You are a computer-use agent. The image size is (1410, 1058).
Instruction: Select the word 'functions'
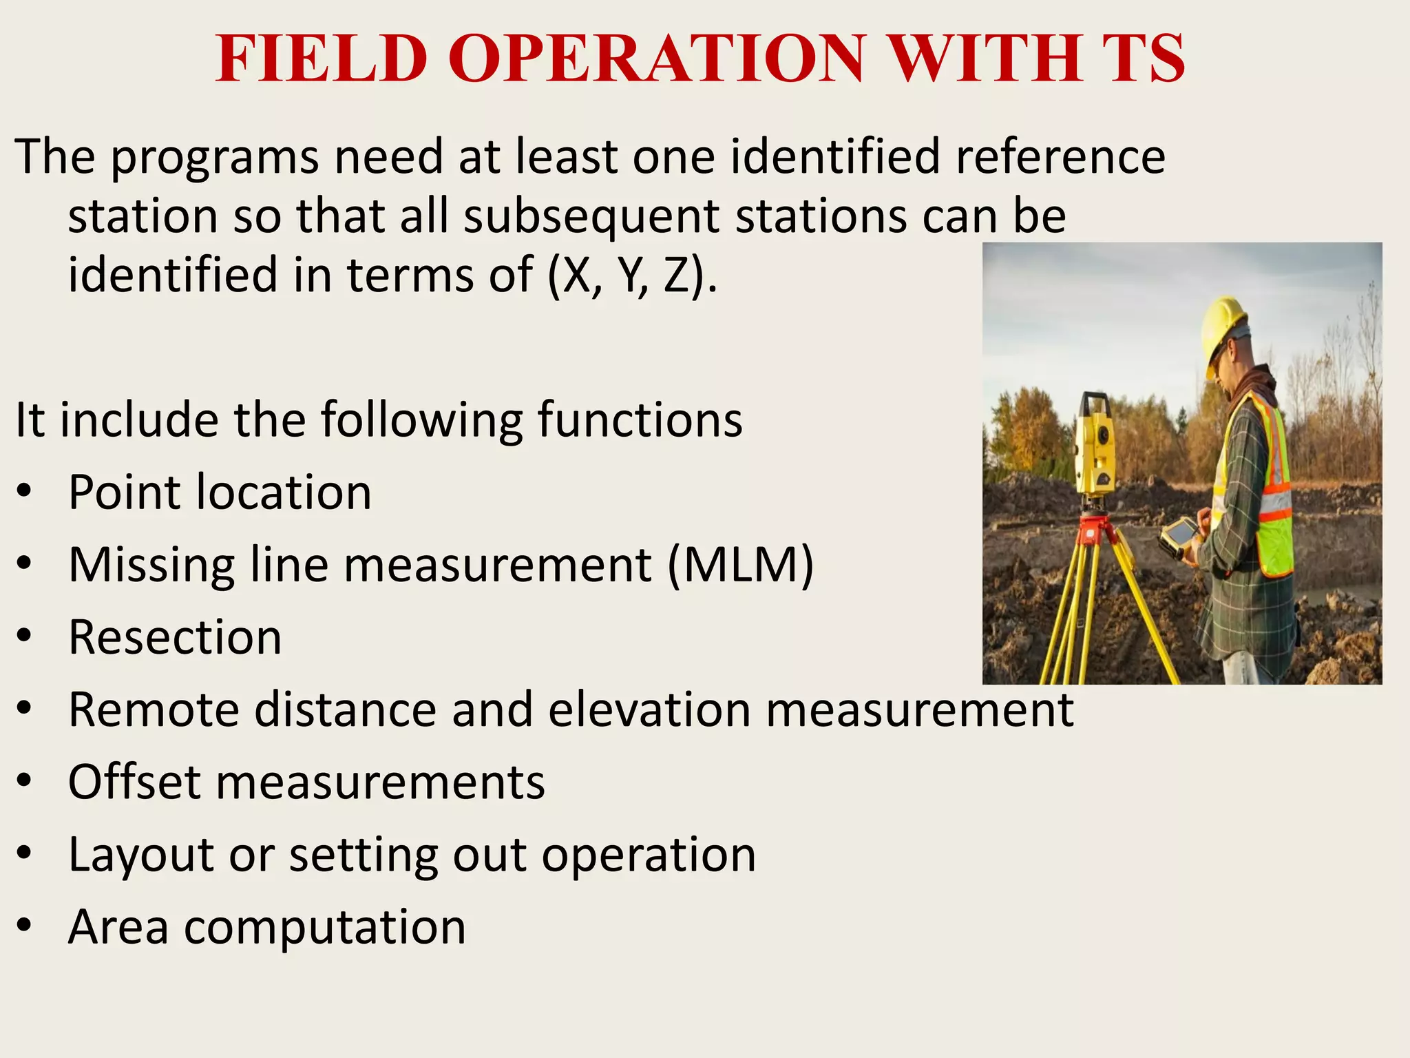(x=640, y=420)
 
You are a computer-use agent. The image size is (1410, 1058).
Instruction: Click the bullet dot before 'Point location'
(x=25, y=492)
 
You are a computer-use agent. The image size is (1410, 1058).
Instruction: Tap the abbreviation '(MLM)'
(x=741, y=566)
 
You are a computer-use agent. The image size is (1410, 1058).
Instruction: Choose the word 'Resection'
(x=175, y=637)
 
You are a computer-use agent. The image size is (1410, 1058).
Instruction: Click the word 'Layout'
(x=142, y=856)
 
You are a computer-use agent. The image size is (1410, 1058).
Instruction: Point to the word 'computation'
(x=325, y=927)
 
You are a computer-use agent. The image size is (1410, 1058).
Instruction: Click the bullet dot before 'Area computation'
(x=25, y=926)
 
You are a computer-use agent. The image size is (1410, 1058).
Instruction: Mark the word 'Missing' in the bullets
(x=151, y=566)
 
